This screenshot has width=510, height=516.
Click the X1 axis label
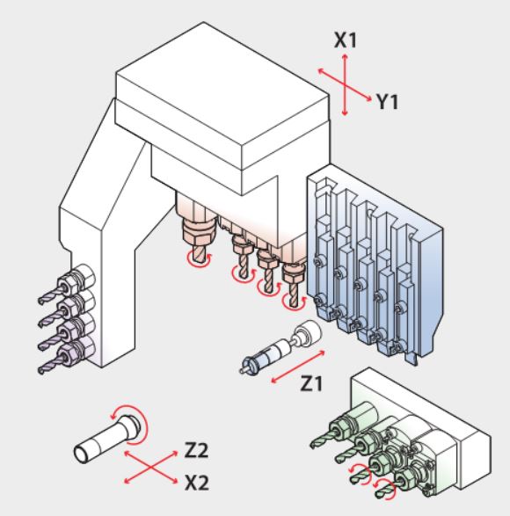(x=346, y=40)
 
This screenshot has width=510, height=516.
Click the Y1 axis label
(x=387, y=101)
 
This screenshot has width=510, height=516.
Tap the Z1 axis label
(x=311, y=383)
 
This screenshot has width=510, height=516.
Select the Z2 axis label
(x=196, y=450)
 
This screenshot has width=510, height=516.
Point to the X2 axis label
(x=197, y=483)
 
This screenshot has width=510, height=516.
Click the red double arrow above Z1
(x=298, y=367)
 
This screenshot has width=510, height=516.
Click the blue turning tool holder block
(x=375, y=263)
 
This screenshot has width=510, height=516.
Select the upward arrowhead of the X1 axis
(x=345, y=57)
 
